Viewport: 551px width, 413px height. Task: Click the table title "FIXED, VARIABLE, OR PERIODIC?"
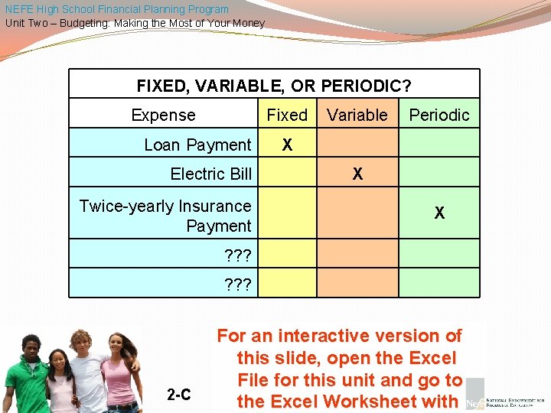pos(274,86)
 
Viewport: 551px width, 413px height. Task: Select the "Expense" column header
pos(163,115)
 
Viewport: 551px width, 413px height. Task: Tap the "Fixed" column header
pos(286,115)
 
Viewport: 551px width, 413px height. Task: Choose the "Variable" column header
pos(357,115)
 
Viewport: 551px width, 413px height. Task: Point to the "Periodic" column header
pos(439,115)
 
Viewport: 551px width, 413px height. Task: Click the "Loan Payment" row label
pos(197,145)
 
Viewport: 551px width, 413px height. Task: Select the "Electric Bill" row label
pos(210,174)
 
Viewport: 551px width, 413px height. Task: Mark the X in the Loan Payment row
pos(287,145)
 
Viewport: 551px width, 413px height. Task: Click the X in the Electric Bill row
pos(357,174)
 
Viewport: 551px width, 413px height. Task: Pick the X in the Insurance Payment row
pos(439,214)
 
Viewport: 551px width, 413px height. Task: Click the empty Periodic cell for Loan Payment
pos(439,144)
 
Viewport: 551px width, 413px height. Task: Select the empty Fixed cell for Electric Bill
pos(286,174)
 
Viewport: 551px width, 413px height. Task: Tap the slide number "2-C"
pos(179,395)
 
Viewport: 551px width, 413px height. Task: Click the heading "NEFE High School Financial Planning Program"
pos(116,9)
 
